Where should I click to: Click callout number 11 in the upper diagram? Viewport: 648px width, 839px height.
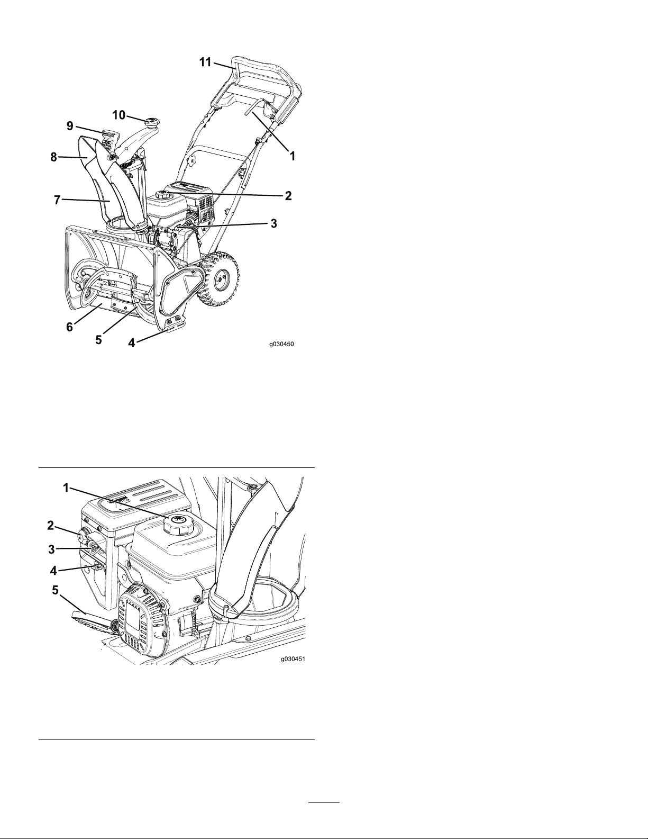[x=205, y=62]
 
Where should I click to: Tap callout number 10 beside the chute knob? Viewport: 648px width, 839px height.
[x=119, y=115]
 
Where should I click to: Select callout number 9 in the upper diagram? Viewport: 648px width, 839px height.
[x=70, y=126]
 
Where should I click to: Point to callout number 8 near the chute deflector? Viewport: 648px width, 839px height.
[x=53, y=157]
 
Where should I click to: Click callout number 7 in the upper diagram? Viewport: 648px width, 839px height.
[x=57, y=200]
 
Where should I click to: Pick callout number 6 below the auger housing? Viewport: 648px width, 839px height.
[x=69, y=327]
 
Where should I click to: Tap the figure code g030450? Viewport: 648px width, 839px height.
[x=281, y=344]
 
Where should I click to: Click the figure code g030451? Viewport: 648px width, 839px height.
[x=293, y=659]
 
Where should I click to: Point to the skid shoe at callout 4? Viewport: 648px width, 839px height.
[x=175, y=325]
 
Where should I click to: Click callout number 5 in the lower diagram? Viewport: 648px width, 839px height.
[x=56, y=590]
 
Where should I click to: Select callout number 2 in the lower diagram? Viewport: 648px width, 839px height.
[x=51, y=525]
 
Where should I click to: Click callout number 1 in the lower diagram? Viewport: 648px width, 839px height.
[x=66, y=488]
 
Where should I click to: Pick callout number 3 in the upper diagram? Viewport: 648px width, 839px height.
[x=273, y=223]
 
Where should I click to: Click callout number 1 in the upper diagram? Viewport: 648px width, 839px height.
[x=293, y=156]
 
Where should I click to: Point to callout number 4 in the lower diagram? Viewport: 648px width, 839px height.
[x=53, y=571]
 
